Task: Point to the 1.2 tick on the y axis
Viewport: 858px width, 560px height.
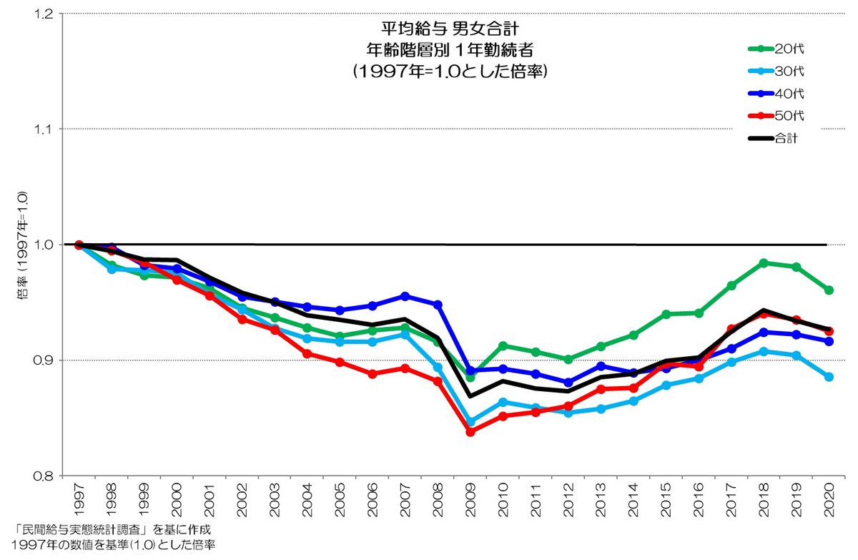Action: pos(44,14)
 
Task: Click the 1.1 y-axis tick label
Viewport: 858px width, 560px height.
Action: pos(44,129)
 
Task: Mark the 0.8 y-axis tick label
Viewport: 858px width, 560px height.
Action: pos(44,476)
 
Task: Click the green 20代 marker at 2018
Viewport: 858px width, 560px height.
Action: pos(764,263)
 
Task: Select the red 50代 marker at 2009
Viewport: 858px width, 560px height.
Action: pos(470,432)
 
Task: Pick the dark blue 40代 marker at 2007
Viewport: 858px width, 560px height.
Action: pos(405,296)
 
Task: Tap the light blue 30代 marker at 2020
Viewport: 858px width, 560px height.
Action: pos(829,377)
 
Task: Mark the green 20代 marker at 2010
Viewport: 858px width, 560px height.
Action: pos(503,346)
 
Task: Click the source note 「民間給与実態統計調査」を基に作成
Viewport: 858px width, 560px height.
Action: pos(112,530)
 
